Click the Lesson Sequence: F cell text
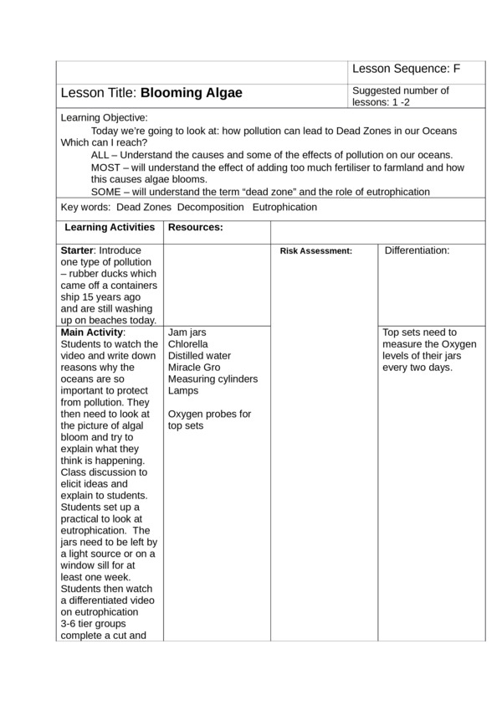pos(407,69)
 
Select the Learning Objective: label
pos(105,118)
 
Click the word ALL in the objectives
pos(101,155)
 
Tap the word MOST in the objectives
pos(108,167)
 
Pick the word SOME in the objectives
pos(108,192)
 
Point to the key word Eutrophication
pos(284,207)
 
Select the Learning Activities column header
pos(110,227)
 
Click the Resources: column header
pos(196,227)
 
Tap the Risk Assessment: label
pos(315,250)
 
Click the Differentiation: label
pos(417,250)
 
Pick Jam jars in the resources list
pos(187,332)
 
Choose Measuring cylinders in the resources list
pos(213,379)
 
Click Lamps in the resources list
pos(184,391)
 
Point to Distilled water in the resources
pos(198,356)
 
